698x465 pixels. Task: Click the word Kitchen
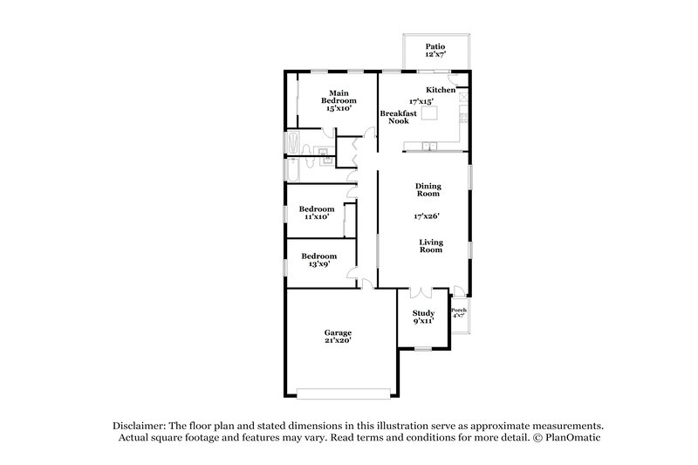click(x=441, y=90)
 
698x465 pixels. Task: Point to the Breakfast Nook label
click(x=398, y=117)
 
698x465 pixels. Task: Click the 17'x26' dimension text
click(x=426, y=215)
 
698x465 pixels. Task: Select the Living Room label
click(x=430, y=245)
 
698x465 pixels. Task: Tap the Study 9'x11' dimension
click(x=424, y=320)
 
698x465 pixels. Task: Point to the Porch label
click(x=458, y=311)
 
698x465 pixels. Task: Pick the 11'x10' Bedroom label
click(x=316, y=214)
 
